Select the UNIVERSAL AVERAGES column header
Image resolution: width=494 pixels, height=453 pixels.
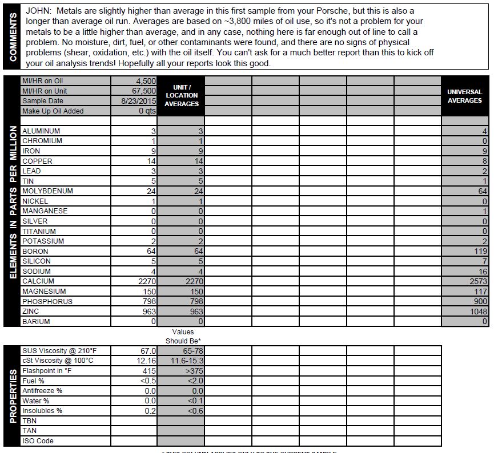tap(464, 96)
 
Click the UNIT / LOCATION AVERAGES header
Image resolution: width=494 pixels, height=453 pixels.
tap(182, 96)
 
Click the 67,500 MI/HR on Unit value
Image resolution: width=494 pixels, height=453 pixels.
tap(143, 91)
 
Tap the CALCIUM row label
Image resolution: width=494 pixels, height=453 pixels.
tap(38, 281)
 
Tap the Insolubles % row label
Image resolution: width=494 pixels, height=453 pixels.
tap(42, 411)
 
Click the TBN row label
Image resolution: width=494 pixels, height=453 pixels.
tap(29, 421)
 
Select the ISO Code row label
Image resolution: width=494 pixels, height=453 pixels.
tap(38, 441)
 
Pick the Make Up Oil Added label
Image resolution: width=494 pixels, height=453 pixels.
tap(53, 111)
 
